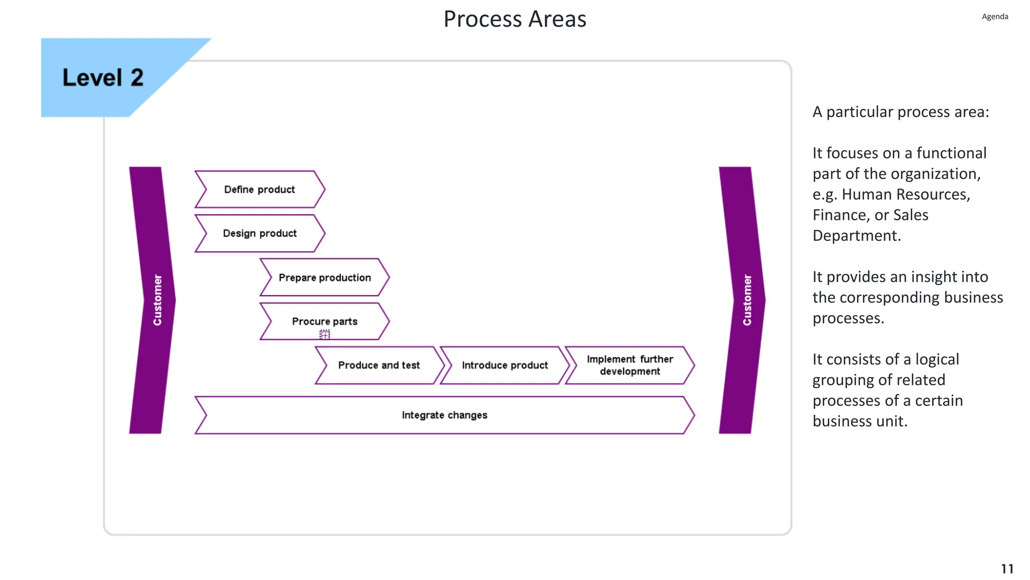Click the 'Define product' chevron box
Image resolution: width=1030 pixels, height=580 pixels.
tap(260, 189)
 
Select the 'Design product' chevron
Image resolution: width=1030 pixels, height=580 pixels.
tap(260, 233)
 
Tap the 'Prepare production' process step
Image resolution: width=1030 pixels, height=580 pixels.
tap(324, 277)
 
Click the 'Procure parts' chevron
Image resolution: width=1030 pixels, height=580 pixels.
tap(324, 321)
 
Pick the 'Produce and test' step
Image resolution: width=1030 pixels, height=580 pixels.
tap(379, 365)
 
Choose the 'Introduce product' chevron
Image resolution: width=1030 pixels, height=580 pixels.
tap(504, 365)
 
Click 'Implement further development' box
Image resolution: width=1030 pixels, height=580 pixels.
tap(630, 365)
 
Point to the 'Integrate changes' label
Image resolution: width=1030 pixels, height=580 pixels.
tap(444, 415)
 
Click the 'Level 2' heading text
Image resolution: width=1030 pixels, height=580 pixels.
tap(103, 78)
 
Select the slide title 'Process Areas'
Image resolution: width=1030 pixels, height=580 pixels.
tap(514, 19)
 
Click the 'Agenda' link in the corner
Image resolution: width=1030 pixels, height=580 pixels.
tap(995, 17)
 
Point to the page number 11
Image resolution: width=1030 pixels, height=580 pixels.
tap(1007, 568)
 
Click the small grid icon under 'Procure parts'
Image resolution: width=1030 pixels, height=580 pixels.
tap(325, 334)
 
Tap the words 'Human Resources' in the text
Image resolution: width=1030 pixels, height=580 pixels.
tap(906, 194)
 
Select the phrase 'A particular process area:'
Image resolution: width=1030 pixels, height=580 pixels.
tap(900, 112)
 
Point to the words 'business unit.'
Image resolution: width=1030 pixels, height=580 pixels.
tap(860, 421)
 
